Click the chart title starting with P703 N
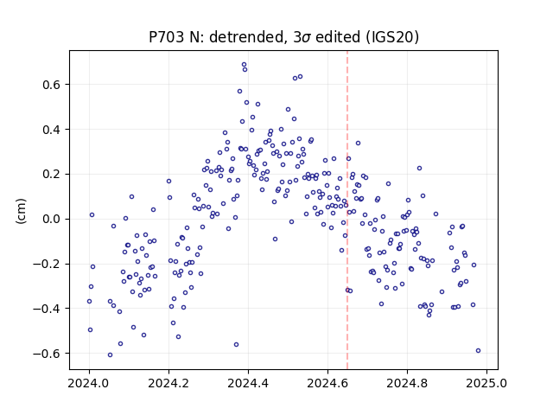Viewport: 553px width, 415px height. [284, 37]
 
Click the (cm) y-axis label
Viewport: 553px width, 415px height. [21, 211]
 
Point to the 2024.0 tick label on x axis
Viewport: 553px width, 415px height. [89, 383]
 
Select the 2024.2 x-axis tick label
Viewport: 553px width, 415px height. [169, 383]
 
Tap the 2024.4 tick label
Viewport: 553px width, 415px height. [248, 383]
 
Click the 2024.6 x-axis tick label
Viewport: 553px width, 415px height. [328, 383]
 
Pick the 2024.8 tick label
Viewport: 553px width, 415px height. [407, 383]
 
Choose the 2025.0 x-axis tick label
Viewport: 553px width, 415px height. [486, 383]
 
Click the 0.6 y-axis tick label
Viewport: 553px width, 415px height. [52, 85]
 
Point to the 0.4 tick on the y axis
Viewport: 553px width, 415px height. [52, 130]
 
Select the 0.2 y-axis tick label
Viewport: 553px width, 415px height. [52, 175]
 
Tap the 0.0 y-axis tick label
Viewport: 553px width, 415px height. [52, 219]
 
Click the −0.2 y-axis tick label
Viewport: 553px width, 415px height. [48, 264]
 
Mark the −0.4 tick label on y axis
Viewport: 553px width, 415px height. [48, 309]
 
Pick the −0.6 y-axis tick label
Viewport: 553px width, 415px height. [48, 354]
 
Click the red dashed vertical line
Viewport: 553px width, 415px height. [347, 210]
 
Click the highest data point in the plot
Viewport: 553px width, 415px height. [244, 65]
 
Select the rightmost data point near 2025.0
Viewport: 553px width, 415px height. [478, 350]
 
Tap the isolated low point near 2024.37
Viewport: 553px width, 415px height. [236, 344]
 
